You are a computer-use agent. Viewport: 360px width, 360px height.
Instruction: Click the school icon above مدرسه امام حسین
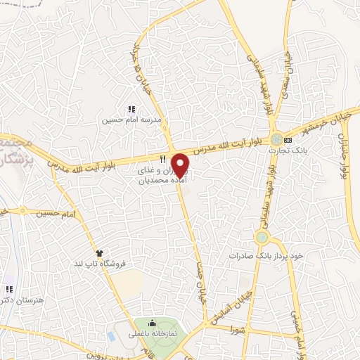[131, 109]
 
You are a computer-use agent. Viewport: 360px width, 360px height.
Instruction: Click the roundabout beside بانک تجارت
[278, 139]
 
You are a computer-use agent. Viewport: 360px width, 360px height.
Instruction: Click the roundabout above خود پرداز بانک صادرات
[262, 237]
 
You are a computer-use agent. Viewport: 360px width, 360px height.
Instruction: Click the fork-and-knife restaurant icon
[162, 158]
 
